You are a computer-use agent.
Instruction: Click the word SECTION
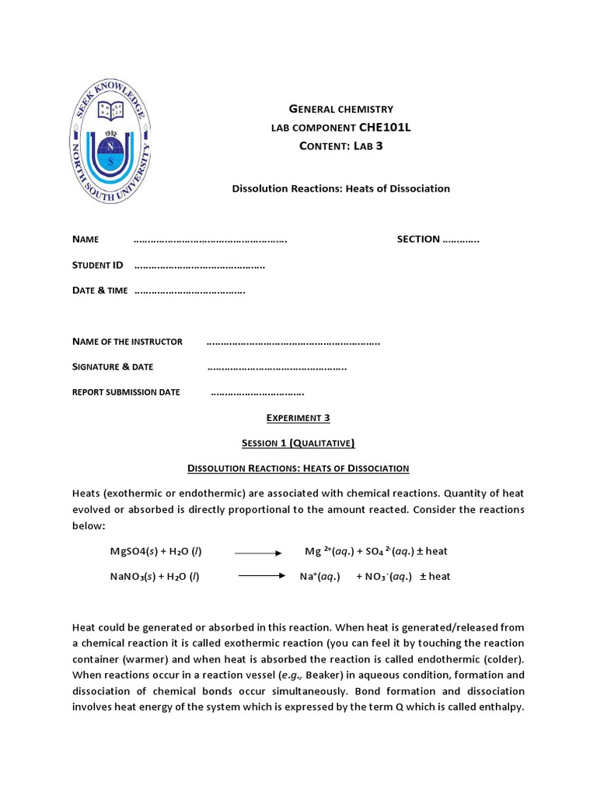tap(418, 239)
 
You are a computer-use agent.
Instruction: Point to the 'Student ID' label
tap(98, 265)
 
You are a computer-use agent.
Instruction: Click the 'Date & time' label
tap(99, 290)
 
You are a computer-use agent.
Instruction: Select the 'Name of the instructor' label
tap(127, 342)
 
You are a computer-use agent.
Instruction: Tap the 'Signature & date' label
tap(113, 367)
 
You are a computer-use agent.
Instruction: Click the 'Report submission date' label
tap(126, 392)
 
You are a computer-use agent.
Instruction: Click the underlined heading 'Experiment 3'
tap(298, 418)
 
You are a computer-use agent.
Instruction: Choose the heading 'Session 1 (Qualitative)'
tap(298, 443)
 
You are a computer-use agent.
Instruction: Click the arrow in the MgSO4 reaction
tap(257, 553)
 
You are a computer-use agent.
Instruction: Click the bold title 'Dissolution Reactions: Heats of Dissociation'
tap(341, 188)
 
